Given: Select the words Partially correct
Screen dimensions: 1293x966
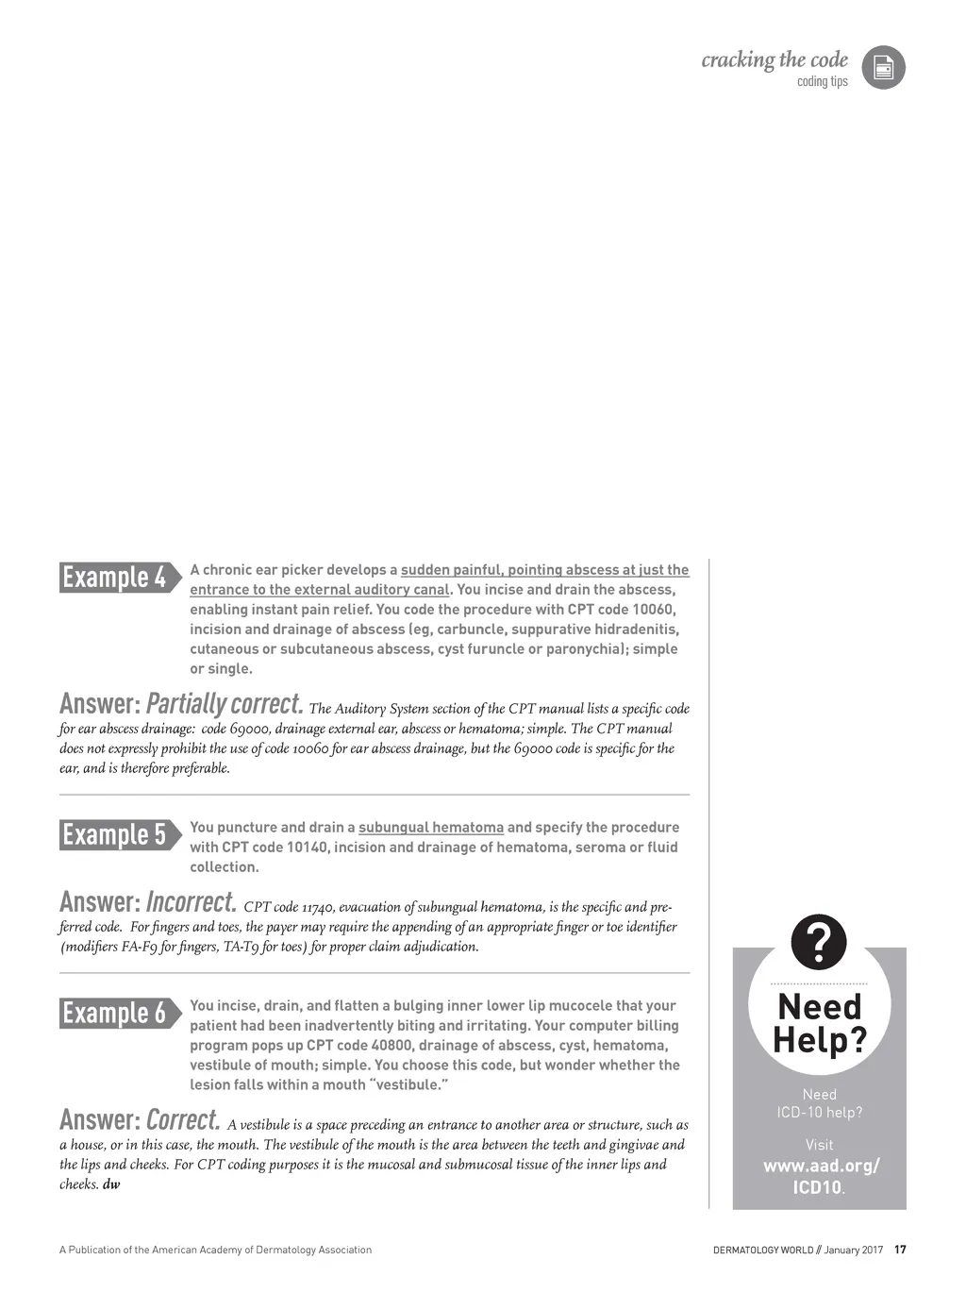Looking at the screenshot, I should pyautogui.click(x=225, y=704).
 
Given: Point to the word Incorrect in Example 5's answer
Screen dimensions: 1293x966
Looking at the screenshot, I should pyautogui.click(x=191, y=902).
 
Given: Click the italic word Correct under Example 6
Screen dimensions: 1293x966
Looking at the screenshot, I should pyautogui.click(x=183, y=1120).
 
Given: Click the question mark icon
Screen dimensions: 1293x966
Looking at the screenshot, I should pyautogui.click(x=819, y=942).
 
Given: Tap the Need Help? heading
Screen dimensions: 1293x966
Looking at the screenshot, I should pyautogui.click(x=819, y=1023).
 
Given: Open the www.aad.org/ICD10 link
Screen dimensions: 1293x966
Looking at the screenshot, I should pyautogui.click(x=820, y=1176).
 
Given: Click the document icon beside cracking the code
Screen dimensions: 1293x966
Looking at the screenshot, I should pyautogui.click(x=883, y=68).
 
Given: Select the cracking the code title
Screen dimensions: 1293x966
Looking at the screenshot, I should pyautogui.click(x=774, y=60).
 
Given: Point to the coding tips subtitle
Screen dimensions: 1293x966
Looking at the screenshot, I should pyautogui.click(x=822, y=82).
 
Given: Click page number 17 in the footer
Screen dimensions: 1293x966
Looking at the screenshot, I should pyautogui.click(x=900, y=1250).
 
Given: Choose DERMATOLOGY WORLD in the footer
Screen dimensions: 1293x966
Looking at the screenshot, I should pyautogui.click(x=762, y=1251).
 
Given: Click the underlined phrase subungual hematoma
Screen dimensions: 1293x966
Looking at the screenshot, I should pyautogui.click(x=431, y=828).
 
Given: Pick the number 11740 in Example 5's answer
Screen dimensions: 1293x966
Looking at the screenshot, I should pyautogui.click(x=318, y=908).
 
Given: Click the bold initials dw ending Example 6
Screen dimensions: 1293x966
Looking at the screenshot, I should pyautogui.click(x=111, y=1184).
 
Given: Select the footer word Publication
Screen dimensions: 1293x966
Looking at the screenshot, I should pyautogui.click(x=100, y=1250).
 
